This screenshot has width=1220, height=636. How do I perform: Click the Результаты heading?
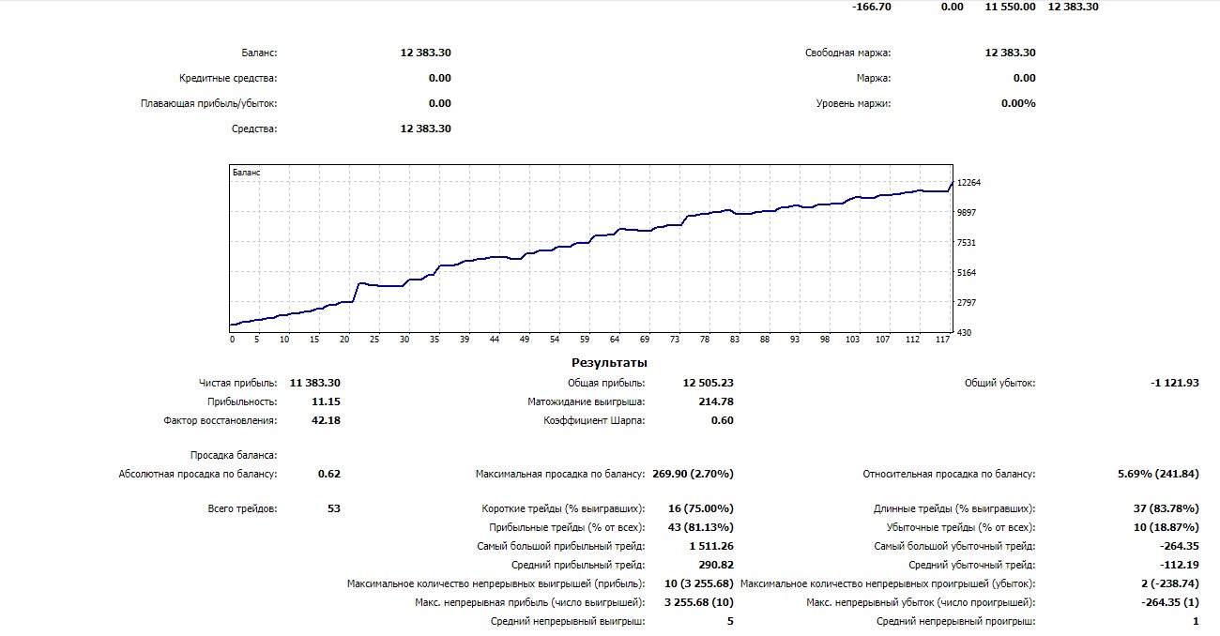point(609,363)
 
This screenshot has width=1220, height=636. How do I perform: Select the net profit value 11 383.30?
point(315,383)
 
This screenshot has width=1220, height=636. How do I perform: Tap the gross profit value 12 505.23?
point(709,383)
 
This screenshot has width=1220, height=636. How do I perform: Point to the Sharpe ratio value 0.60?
point(723,420)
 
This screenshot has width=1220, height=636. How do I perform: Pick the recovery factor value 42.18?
point(325,420)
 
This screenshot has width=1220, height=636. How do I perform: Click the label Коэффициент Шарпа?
point(594,420)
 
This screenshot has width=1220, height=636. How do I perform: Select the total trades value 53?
point(333,508)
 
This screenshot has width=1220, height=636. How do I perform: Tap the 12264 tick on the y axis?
point(968,183)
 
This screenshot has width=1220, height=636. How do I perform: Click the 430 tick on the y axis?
point(964,333)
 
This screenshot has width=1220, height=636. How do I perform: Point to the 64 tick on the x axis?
point(615,340)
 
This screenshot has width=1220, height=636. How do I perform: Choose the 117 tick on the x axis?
point(942,340)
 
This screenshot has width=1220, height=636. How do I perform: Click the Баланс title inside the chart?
point(246,173)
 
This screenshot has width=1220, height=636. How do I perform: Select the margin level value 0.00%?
point(1018,103)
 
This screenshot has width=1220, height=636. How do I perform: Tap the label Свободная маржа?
point(847,53)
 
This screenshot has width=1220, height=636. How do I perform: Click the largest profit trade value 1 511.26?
point(710,546)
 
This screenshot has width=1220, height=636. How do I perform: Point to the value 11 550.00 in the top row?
point(1010,7)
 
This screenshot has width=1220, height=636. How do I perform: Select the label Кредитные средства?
point(228,79)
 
